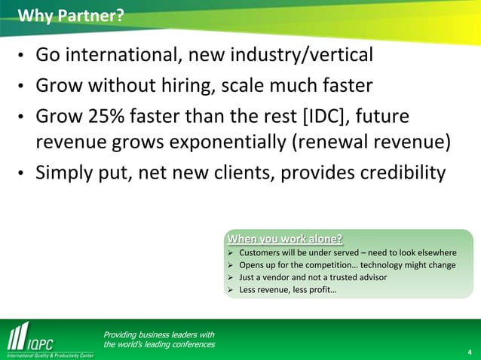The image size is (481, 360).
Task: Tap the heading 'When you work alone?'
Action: click(285, 240)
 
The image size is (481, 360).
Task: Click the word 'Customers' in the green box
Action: click(260, 252)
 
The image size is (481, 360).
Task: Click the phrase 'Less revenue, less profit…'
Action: click(288, 289)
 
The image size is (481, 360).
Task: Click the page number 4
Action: click(470, 351)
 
